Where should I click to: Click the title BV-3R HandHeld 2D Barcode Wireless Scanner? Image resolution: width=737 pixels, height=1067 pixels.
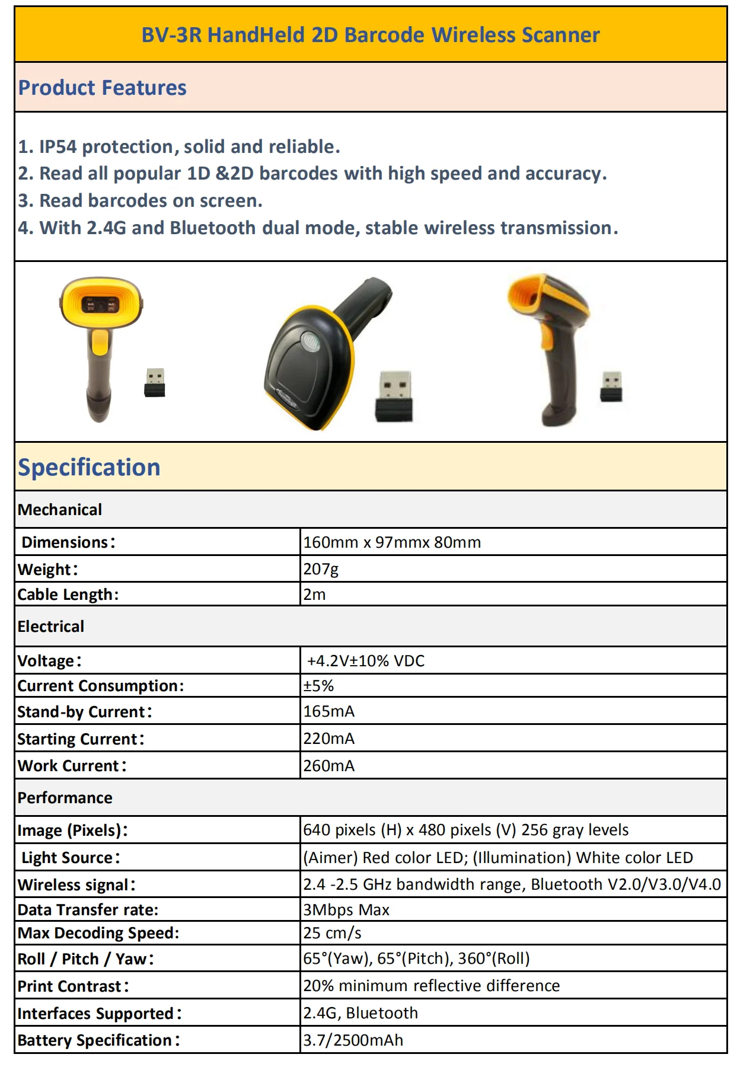(x=370, y=35)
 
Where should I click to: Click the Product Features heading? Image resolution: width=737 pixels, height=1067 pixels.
(x=102, y=88)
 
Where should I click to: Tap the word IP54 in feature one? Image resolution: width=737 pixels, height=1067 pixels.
(x=58, y=146)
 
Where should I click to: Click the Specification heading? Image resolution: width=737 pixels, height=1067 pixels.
(x=89, y=467)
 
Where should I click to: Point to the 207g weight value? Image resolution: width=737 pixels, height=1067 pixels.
(x=321, y=569)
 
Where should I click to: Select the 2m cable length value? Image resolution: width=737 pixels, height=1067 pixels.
(x=314, y=595)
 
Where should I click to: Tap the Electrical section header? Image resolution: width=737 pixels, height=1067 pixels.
(x=51, y=627)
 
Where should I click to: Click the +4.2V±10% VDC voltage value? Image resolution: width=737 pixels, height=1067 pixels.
(x=365, y=661)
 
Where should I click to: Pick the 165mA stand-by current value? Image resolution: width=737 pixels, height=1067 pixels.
(x=328, y=711)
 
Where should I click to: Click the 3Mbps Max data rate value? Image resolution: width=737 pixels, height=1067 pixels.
(x=346, y=910)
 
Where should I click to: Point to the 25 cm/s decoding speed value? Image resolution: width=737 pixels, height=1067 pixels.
(x=332, y=933)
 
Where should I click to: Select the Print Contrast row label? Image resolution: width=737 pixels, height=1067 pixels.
(x=73, y=986)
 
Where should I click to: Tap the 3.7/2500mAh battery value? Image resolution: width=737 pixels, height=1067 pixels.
(x=353, y=1040)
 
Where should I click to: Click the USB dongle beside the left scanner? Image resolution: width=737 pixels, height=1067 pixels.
(x=155, y=382)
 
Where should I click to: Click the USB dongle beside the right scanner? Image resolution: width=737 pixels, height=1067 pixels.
(x=611, y=386)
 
